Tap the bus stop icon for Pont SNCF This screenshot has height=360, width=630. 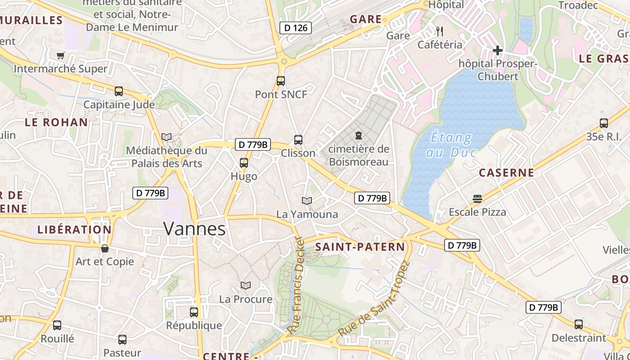(281, 81)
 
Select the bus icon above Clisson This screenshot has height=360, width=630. (298, 140)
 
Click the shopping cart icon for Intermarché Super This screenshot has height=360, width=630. (61, 55)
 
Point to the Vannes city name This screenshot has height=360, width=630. (194, 229)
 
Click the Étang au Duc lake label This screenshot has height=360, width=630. (451, 144)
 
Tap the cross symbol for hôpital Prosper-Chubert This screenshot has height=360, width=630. (497, 50)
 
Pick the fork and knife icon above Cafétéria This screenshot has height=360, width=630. (440, 31)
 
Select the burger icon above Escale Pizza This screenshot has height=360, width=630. (477, 198)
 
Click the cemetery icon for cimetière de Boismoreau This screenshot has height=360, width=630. (359, 135)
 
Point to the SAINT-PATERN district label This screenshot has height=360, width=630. (360, 247)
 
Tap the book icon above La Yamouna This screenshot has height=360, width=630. (307, 201)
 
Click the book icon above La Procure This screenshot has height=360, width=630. (245, 285)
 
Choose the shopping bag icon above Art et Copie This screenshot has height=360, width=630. (105, 248)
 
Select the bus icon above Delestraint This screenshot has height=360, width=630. (579, 324)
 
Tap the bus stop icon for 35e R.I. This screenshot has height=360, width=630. (604, 123)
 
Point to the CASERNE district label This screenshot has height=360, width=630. (506, 173)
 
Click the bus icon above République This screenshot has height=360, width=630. (194, 312)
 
